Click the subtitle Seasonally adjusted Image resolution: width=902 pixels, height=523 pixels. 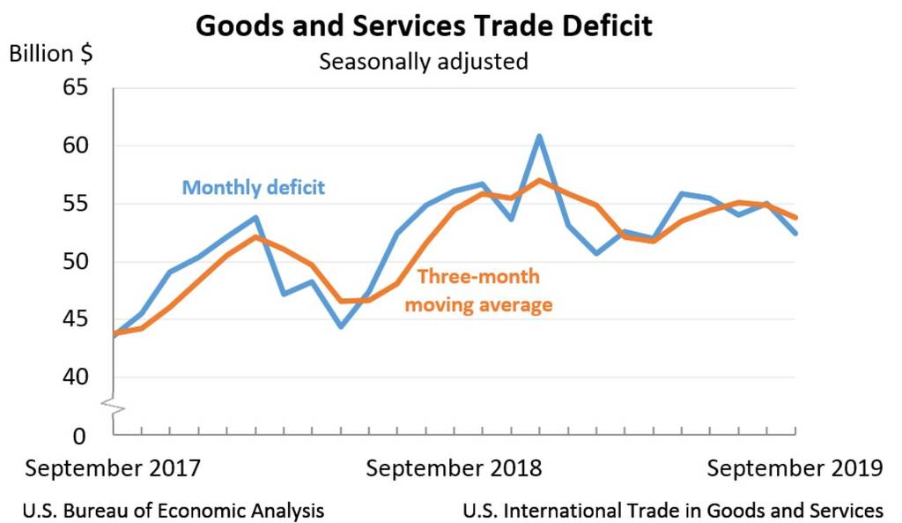(x=423, y=62)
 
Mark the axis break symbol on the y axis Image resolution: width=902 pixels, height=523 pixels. (x=113, y=406)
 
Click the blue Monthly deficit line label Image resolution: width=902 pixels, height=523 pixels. (x=254, y=188)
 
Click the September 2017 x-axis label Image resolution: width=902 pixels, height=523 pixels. (x=112, y=468)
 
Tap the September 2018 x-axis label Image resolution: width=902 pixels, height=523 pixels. (x=454, y=468)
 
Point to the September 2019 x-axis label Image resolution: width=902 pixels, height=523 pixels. (x=794, y=468)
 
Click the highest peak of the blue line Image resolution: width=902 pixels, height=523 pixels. (x=539, y=136)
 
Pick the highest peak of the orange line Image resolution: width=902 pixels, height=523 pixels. (x=539, y=181)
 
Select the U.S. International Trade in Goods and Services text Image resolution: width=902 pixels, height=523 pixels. (x=671, y=510)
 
